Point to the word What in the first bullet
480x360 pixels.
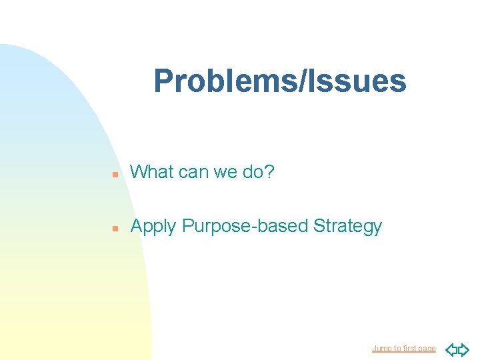(x=152, y=172)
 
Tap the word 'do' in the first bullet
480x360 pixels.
(x=252, y=172)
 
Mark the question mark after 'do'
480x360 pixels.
(x=269, y=172)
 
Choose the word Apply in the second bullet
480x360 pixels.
(x=153, y=227)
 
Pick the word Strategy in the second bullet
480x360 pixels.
(x=347, y=227)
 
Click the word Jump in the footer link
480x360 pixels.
(x=382, y=349)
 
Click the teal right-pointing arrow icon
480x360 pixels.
(x=463, y=349)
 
